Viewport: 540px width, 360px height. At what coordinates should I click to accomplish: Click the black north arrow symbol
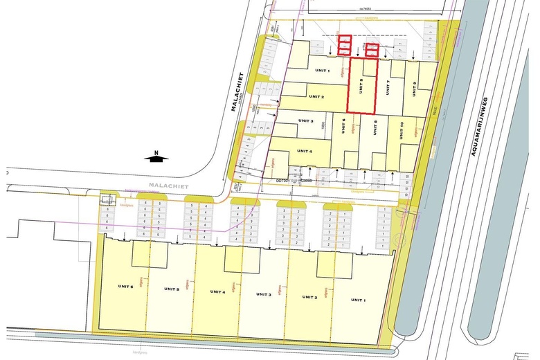coord(156,159)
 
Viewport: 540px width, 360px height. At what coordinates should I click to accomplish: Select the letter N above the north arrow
coord(157,152)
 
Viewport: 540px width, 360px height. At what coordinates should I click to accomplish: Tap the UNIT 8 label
coord(375,127)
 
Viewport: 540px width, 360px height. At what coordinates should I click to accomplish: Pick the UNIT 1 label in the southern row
coord(357,300)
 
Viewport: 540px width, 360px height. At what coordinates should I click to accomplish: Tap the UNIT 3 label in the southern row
coord(264,294)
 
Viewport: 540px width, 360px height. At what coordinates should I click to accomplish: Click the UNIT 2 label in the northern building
coord(317,96)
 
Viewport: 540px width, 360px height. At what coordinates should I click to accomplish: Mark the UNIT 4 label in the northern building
coord(305,150)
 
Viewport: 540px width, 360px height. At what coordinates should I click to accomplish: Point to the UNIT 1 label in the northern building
coord(323,71)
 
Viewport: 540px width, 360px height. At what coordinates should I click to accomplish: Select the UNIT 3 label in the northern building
coord(307,122)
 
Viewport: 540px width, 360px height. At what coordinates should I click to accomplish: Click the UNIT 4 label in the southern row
coord(218,291)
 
